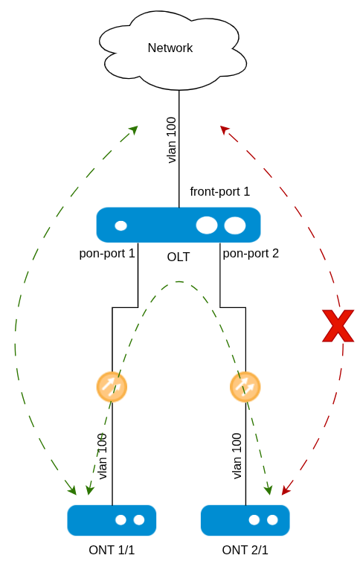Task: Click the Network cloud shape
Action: click(x=173, y=50)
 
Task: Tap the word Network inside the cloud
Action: click(x=170, y=48)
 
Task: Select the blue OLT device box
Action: click(x=179, y=225)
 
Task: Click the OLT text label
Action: click(x=179, y=257)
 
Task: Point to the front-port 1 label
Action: click(x=220, y=192)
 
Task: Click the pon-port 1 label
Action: click(x=107, y=254)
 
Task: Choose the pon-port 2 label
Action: click(x=251, y=254)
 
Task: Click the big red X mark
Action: click(x=338, y=326)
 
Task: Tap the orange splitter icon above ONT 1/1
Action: click(x=112, y=387)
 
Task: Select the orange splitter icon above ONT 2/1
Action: click(x=245, y=387)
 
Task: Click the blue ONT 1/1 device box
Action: click(x=112, y=521)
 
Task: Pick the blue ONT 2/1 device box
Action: click(x=245, y=521)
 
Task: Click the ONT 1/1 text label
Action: click(x=112, y=550)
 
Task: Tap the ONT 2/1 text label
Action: click(x=245, y=550)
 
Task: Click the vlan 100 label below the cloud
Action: click(x=172, y=140)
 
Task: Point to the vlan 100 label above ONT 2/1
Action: click(x=237, y=456)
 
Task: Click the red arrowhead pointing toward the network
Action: click(x=224, y=129)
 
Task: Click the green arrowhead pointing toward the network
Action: click(x=134, y=129)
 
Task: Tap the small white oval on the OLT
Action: click(x=120, y=225)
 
